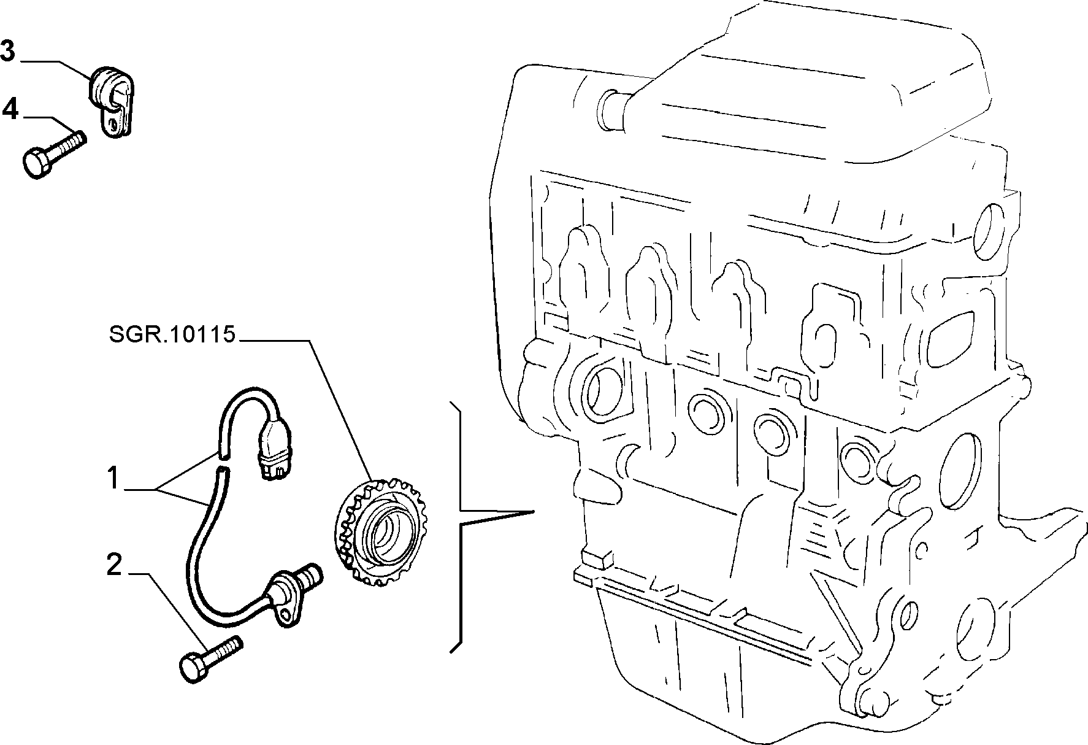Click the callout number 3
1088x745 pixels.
[x=7, y=51]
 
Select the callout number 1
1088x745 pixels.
[x=112, y=479]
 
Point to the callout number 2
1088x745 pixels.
[x=114, y=565]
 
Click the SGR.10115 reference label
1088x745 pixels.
[x=172, y=335]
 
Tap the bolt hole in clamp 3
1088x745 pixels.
[x=112, y=125]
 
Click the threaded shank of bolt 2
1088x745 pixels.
[x=224, y=650]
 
